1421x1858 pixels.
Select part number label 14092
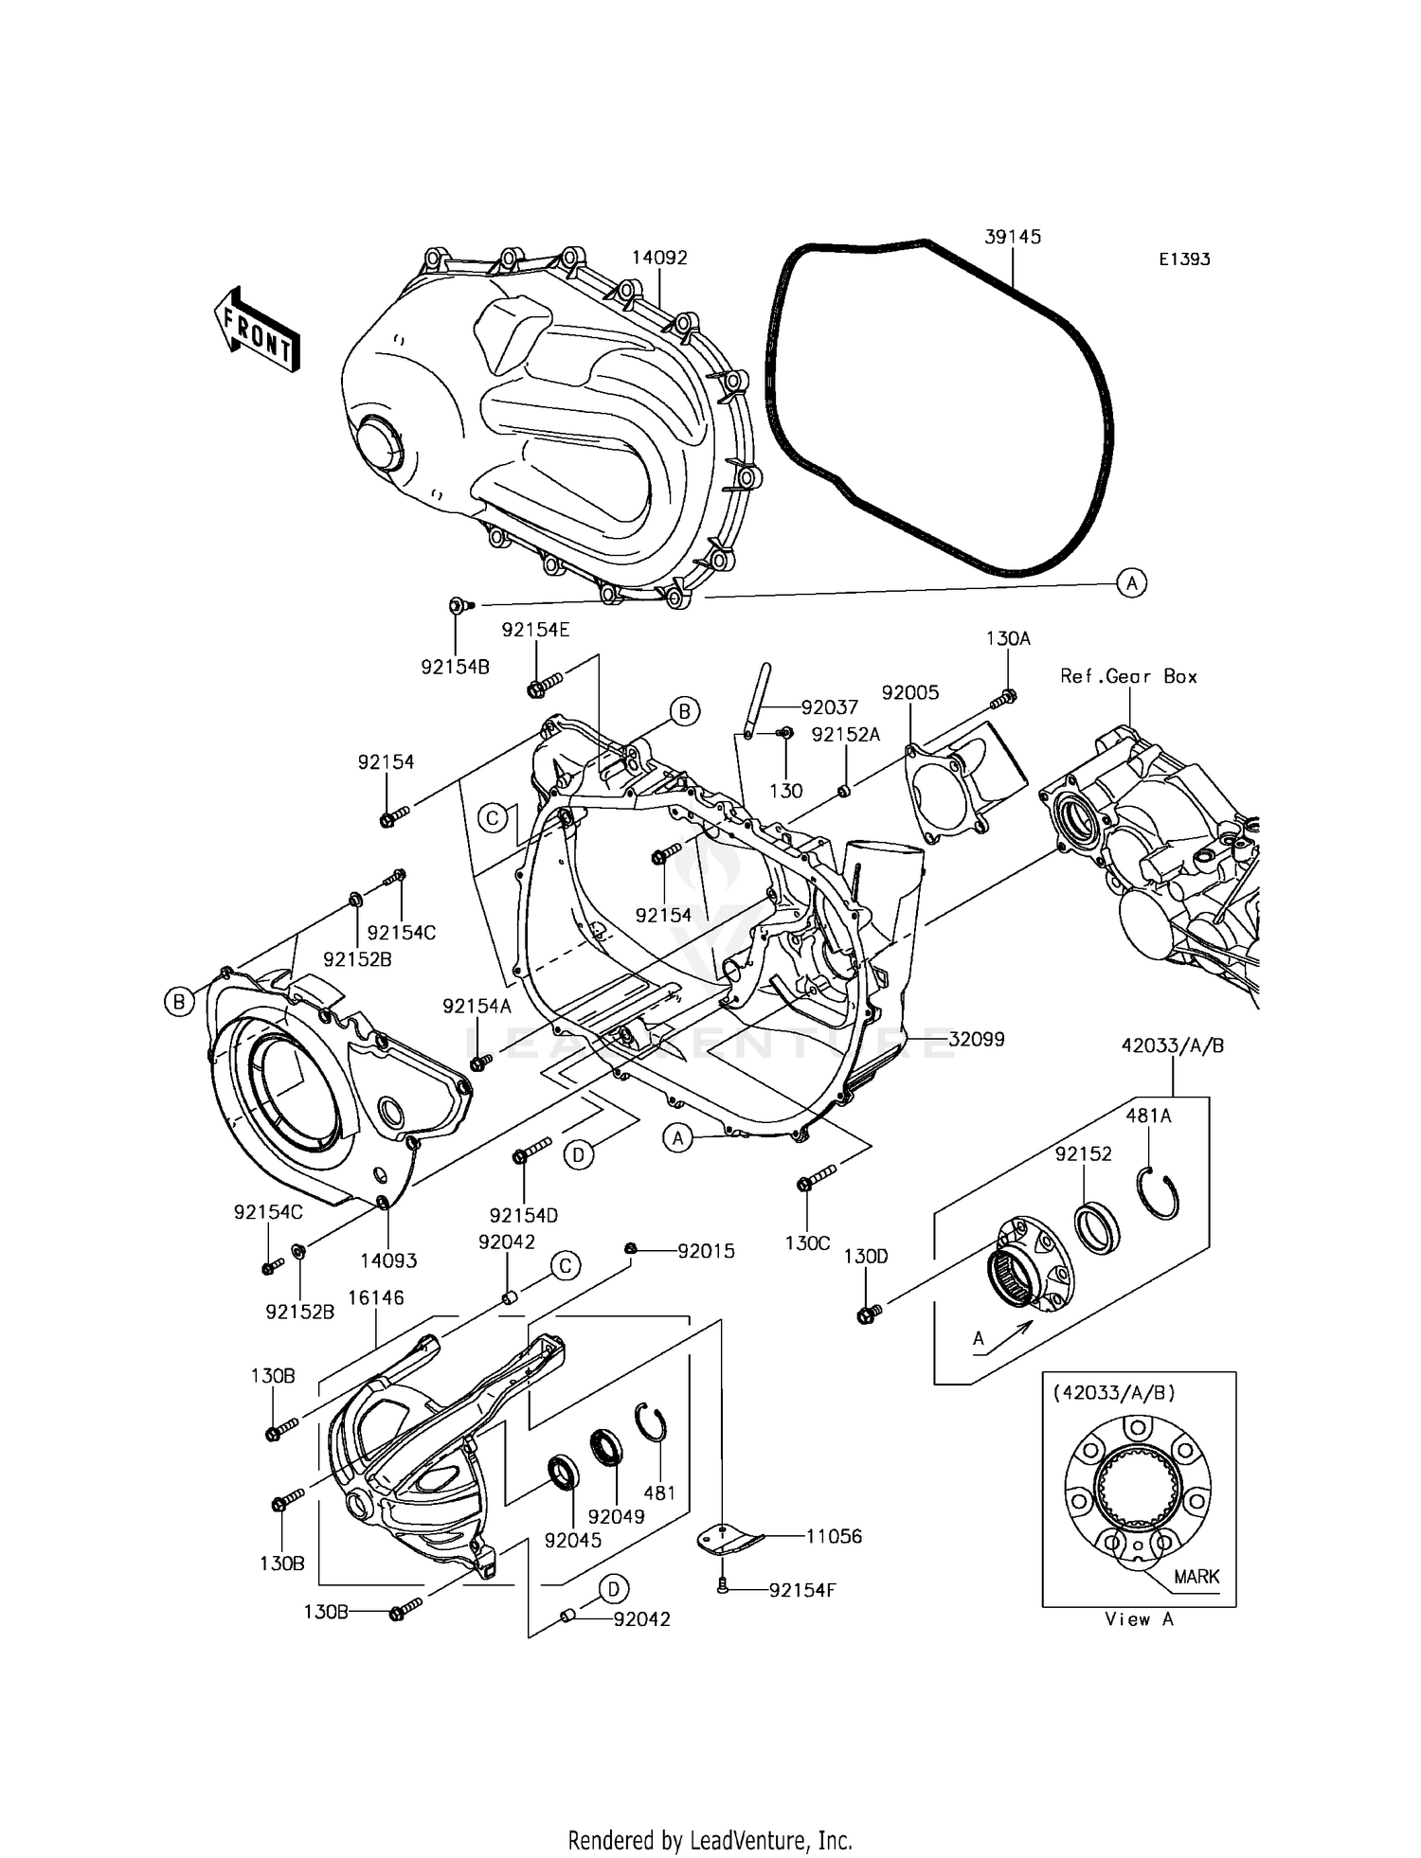coord(659,258)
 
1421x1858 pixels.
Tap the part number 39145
coord(1012,237)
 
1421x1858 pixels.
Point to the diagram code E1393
coord(1184,259)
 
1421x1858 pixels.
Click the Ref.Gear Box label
coord(1128,676)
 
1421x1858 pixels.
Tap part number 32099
coord(976,1039)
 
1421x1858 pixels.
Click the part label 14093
coord(388,1260)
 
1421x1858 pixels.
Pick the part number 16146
coord(375,1297)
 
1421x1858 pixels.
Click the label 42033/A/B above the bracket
coord(1173,1045)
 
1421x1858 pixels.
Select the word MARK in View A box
coord(1196,1577)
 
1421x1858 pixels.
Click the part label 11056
coord(834,1536)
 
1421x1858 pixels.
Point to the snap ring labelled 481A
coord(1158,1196)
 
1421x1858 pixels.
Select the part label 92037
coord(829,707)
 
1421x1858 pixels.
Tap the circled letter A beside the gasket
coord(1131,583)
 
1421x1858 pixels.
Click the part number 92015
coord(706,1251)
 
